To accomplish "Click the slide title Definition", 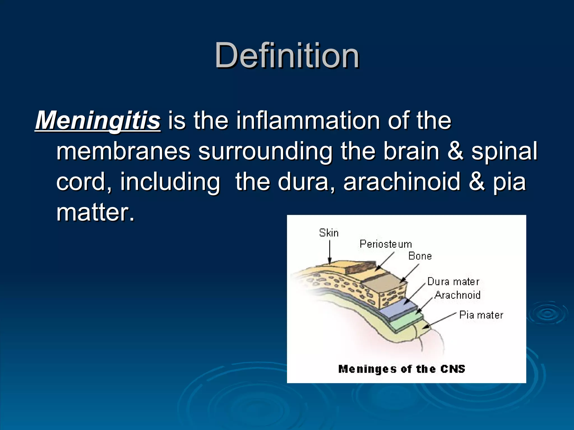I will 287,55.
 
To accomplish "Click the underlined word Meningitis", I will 98,120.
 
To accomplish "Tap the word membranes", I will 123,151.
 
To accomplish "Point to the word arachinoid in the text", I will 402,181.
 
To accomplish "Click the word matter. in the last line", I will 95,212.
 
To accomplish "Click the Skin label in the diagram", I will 329,233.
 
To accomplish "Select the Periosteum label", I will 386,244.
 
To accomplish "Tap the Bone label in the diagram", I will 420,256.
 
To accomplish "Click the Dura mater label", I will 453,282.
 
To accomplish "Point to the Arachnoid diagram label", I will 457,295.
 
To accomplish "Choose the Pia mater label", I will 481,315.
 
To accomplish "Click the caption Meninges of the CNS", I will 401,369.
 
